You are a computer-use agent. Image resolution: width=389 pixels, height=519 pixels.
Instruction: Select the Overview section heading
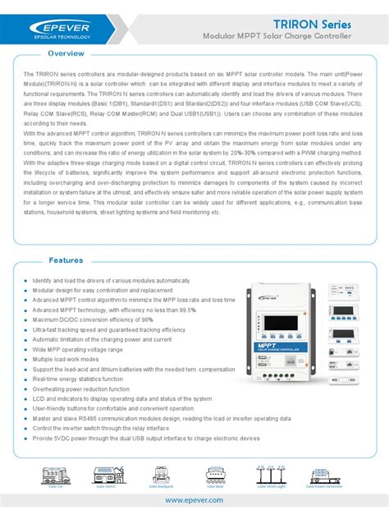click(66, 53)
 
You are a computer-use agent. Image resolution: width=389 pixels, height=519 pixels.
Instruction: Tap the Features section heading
click(66, 260)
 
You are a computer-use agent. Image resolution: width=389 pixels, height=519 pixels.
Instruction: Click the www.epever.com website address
click(194, 498)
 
